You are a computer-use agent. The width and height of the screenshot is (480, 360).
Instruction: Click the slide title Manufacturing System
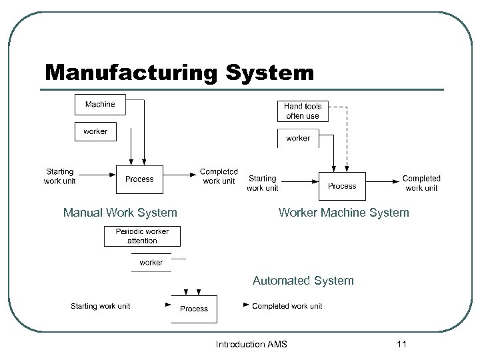coord(179,72)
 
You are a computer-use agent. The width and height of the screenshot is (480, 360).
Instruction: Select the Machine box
coord(100,105)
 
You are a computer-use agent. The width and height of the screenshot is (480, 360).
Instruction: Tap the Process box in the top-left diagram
coord(139,179)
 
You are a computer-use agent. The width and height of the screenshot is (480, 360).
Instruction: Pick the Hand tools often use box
coord(303,111)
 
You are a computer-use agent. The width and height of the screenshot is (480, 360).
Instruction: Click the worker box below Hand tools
coord(297,138)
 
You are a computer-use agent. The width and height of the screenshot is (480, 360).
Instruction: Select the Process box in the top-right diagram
coord(342,186)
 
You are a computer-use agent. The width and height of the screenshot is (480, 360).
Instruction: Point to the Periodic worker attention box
coord(142,236)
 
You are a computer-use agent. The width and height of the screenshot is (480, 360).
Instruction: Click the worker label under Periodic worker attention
coord(151,263)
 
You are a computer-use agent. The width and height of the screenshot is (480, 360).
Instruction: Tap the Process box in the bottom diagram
coord(194,309)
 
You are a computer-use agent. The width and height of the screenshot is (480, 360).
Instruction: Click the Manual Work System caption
coord(120,213)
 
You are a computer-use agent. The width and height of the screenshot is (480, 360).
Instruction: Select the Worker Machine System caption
coord(344,213)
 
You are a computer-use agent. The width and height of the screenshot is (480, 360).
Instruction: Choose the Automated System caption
coord(303,281)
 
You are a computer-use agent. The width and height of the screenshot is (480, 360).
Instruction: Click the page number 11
coord(401,344)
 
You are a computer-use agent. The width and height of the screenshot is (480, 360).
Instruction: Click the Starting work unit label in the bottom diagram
coord(101,306)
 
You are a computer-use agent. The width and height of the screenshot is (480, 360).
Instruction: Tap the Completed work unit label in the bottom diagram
coord(287,306)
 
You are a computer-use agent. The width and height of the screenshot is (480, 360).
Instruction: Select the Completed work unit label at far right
coord(421,183)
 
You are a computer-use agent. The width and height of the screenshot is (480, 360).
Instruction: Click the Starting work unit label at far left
coord(60,176)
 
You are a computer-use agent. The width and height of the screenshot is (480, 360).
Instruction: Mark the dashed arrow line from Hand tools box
coord(347,133)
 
